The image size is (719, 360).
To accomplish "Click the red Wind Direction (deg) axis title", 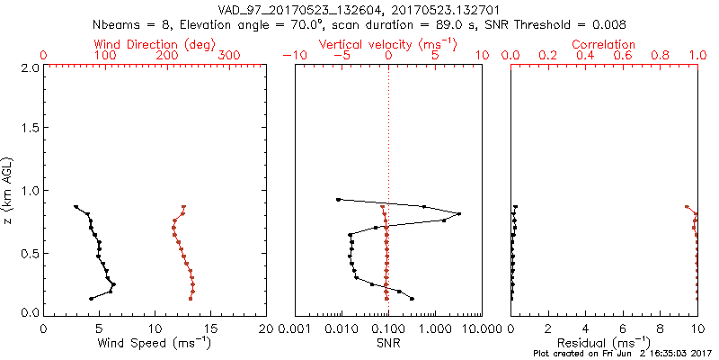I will [155, 44].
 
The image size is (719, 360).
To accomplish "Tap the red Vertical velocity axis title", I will [387, 44].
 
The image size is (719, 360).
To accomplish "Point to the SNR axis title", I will [387, 342].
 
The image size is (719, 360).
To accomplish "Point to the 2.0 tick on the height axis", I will [28, 67].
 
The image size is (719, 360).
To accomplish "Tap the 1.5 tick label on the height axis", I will [28, 129].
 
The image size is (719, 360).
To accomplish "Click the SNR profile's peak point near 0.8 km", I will [459, 214].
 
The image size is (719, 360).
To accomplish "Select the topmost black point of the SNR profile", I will [338, 199].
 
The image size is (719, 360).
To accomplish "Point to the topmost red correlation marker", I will [687, 206].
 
